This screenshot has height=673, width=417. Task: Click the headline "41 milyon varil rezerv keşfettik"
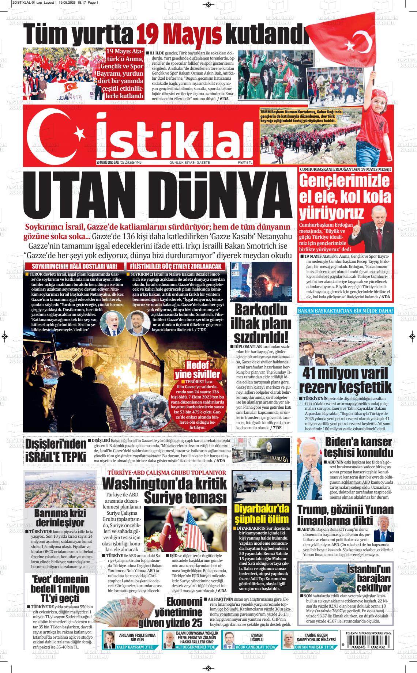(x=346, y=381)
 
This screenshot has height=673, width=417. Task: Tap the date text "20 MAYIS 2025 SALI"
(x=108, y=162)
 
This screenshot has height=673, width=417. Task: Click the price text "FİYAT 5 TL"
(x=245, y=162)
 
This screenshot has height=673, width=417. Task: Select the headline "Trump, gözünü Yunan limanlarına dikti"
(x=345, y=515)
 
